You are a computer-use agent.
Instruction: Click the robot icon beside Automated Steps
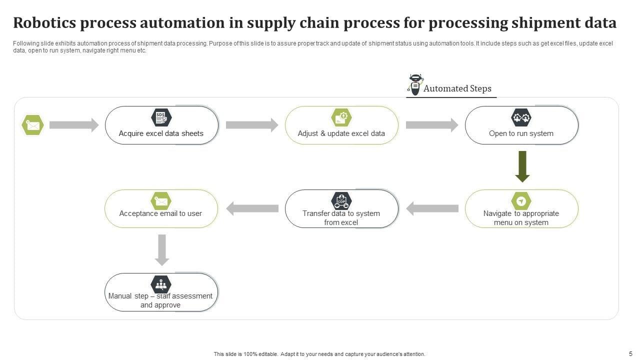[x=415, y=84]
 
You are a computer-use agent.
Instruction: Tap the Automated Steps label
[x=457, y=88]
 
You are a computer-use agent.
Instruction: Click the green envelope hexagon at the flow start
[x=32, y=125]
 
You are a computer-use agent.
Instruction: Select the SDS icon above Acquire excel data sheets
[x=161, y=117]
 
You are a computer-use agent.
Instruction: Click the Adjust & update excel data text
[x=341, y=133]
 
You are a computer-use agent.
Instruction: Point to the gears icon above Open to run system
[x=521, y=117]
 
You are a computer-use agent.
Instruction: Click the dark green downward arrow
[x=522, y=166]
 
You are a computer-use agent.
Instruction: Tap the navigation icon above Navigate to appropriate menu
[x=521, y=201]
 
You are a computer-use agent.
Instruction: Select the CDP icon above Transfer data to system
[x=341, y=201]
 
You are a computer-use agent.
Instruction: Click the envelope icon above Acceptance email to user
[x=161, y=201]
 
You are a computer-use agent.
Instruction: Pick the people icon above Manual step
[x=161, y=284]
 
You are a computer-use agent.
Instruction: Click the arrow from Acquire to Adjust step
[x=252, y=125]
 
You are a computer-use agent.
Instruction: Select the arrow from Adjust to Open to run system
[x=432, y=125]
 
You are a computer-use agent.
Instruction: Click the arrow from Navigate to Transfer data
[x=432, y=208]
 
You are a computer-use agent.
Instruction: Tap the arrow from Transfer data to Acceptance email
[x=252, y=208]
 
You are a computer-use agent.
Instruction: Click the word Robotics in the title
[x=44, y=23]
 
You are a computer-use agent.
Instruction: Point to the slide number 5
[x=630, y=353]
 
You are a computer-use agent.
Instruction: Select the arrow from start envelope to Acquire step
[x=74, y=125]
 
